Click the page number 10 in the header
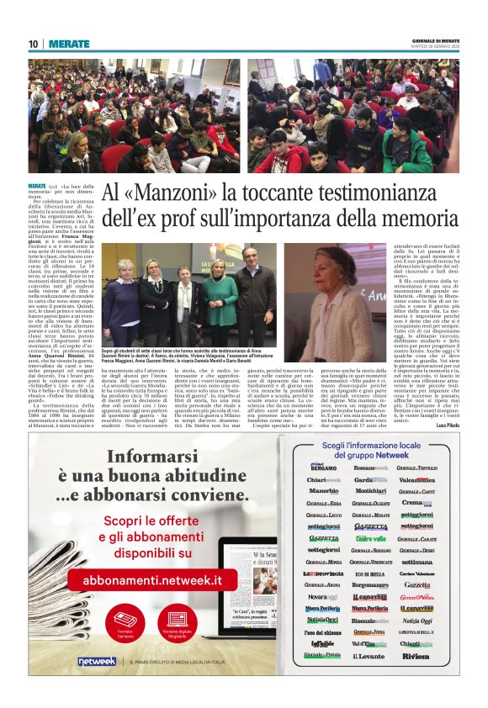[33, 44]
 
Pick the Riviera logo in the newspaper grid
[416, 656]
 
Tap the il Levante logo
[369, 656]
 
